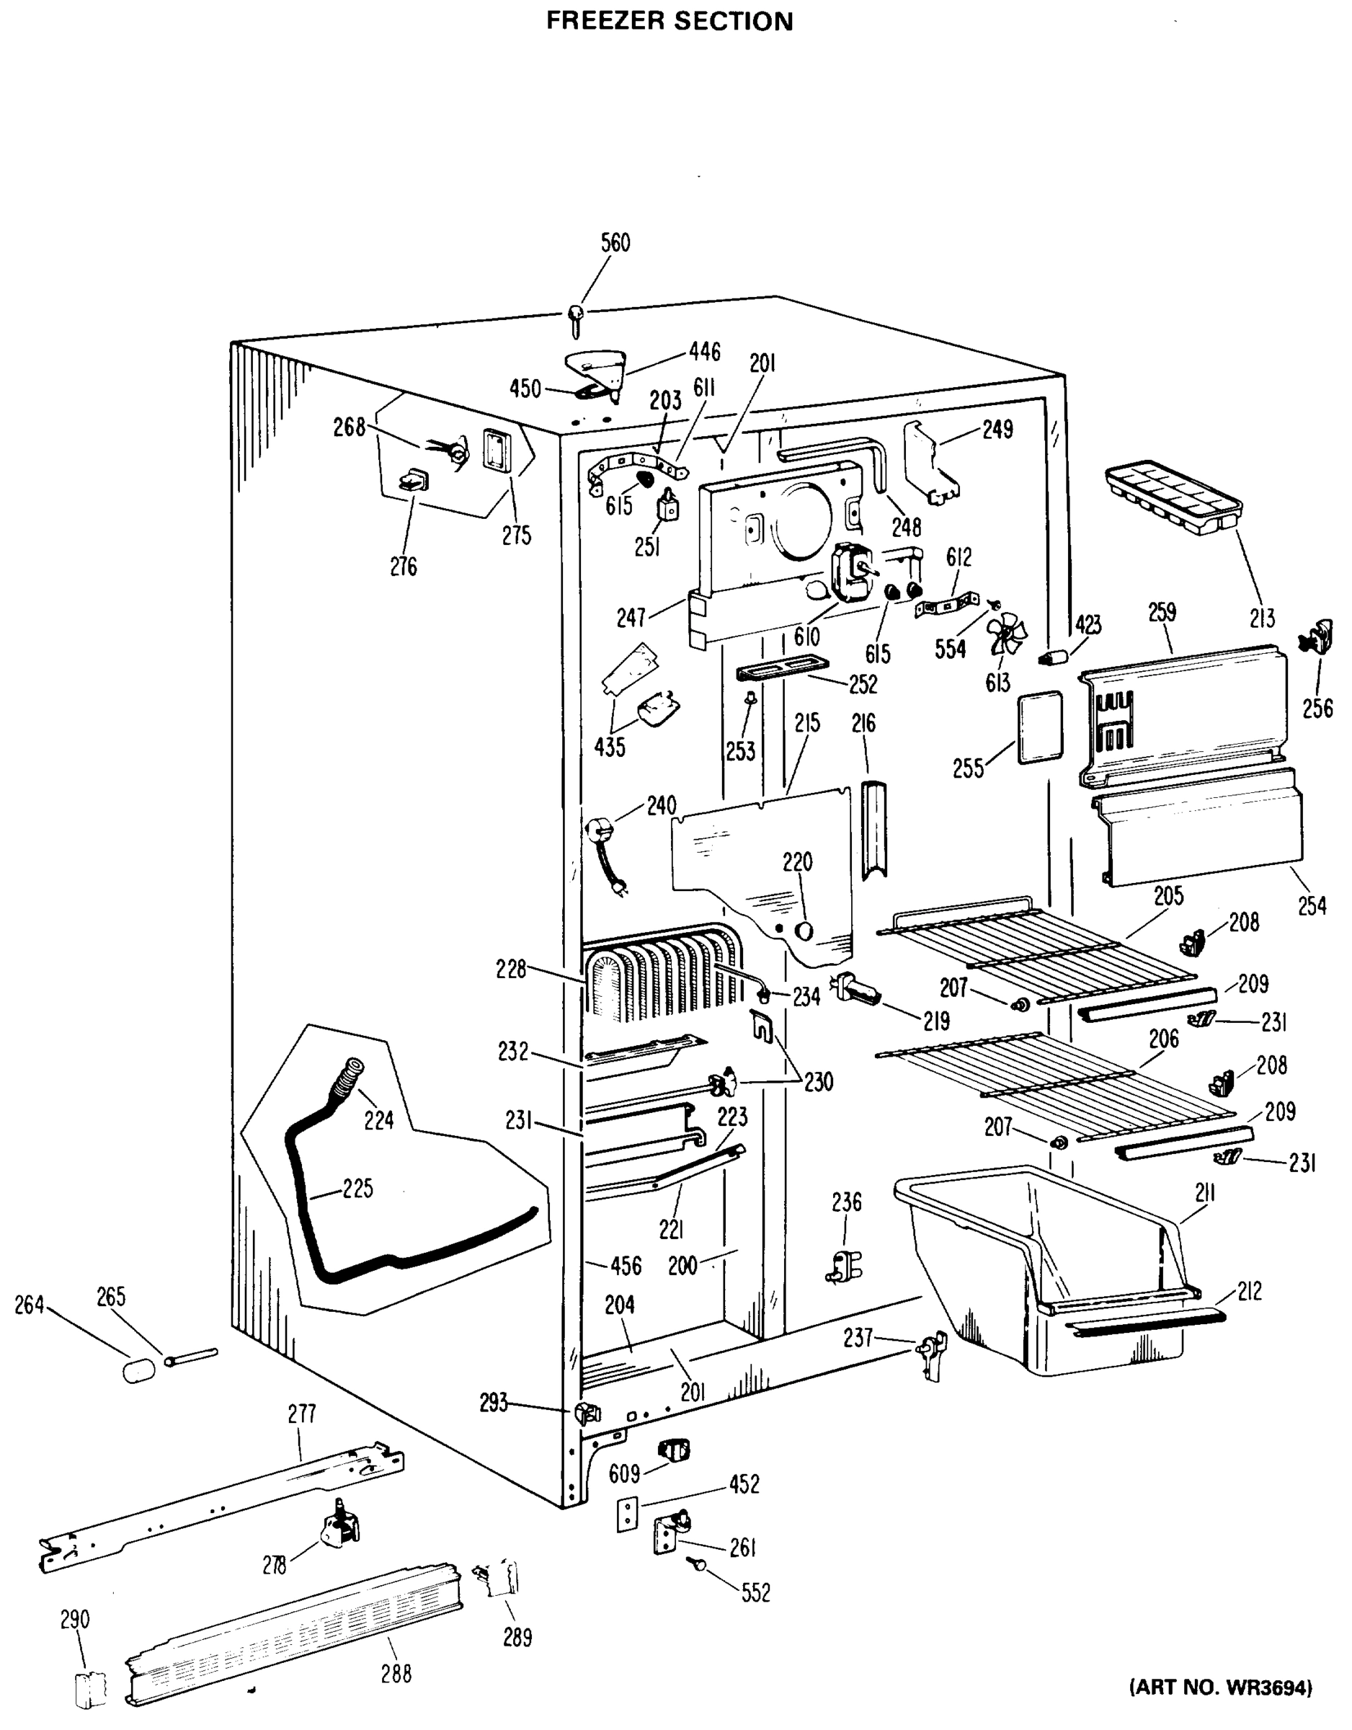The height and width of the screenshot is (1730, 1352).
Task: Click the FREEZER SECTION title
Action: (x=670, y=21)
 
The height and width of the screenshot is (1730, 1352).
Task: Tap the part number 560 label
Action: (x=615, y=242)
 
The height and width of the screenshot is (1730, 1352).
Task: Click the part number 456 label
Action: (x=625, y=1265)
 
